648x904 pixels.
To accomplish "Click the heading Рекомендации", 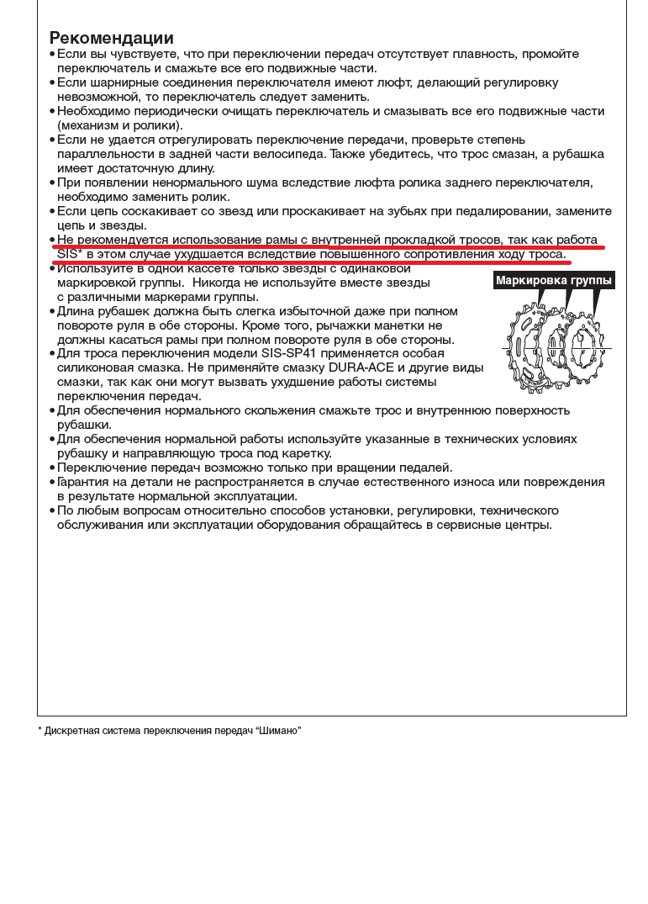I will (x=112, y=38).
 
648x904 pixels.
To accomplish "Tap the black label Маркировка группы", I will (x=554, y=280).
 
